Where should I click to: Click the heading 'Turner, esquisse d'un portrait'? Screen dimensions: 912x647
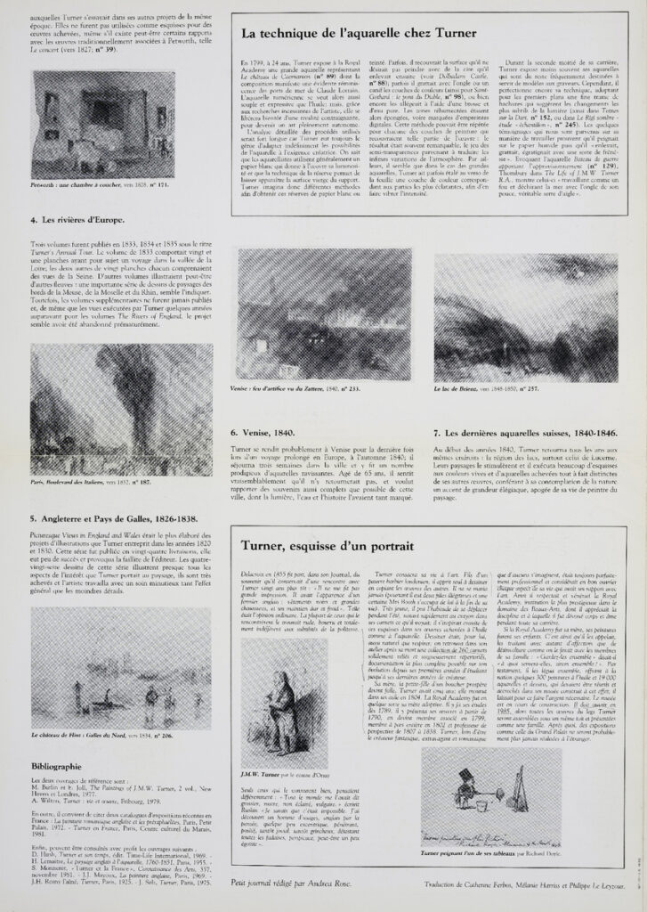(x=325, y=546)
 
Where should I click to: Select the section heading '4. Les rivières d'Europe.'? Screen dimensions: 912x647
(x=76, y=218)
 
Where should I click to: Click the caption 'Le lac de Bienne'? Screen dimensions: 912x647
(x=485, y=388)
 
